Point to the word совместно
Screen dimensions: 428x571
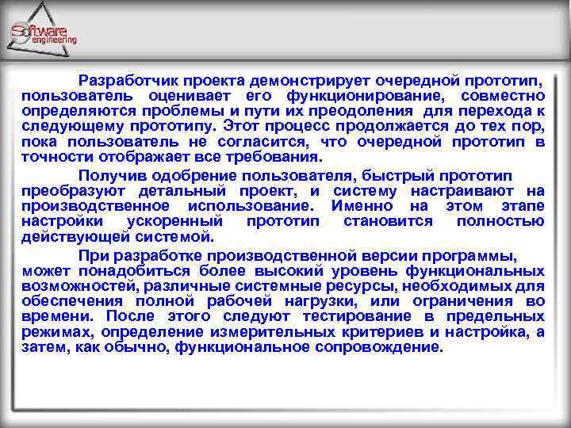(504, 96)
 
